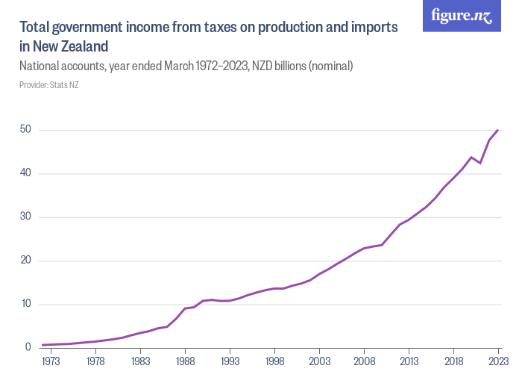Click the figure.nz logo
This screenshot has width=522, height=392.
pyautogui.click(x=462, y=16)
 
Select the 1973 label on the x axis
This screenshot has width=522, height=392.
pyautogui.click(x=51, y=361)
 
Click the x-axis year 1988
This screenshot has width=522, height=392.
pyautogui.click(x=185, y=361)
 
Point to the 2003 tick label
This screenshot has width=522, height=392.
pyautogui.click(x=319, y=361)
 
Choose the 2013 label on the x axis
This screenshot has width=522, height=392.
pyautogui.click(x=409, y=361)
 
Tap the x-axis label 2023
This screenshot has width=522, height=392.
pyautogui.click(x=497, y=361)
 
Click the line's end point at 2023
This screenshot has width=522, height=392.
pyautogui.click(x=498, y=130)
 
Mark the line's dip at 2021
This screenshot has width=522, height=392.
pyautogui.click(x=480, y=163)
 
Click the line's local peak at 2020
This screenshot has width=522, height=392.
pyautogui.click(x=471, y=157)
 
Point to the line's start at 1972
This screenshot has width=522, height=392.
pyautogui.click(x=43, y=345)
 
